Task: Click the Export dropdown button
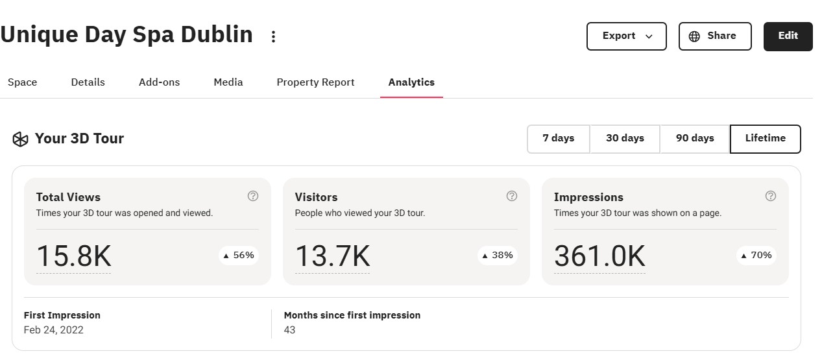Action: coord(626,36)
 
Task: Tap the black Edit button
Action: coord(788,36)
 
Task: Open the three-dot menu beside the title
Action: coord(273,36)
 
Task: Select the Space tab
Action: coord(22,82)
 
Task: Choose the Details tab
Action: coord(88,82)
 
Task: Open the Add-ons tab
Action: coord(159,82)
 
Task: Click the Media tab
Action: coord(228,82)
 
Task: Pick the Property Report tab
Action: coord(315,82)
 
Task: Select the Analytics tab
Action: coord(411,82)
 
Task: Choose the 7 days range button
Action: coord(559,139)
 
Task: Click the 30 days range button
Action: coord(625,139)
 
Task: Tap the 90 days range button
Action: coord(695,139)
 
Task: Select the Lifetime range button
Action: coord(765,139)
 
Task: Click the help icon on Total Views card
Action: coord(253,196)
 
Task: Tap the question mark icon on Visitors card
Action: coord(512,196)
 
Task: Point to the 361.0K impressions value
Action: coord(599,256)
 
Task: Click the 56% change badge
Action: coord(239,256)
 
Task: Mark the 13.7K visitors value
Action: coord(332,256)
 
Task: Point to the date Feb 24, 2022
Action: coord(53,330)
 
